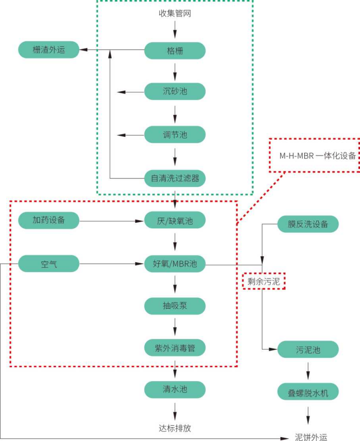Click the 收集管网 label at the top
pos(175,13)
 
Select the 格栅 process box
pos(175,51)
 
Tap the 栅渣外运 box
pos(49,50)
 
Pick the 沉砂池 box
pos(175,92)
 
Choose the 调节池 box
pos(175,135)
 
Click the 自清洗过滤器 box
pos(175,178)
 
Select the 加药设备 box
pos(49,220)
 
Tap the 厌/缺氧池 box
pos(175,220)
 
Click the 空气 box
pos(49,264)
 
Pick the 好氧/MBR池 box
pos(175,264)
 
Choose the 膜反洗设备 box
pos(308,224)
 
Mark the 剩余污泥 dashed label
pos(264,281)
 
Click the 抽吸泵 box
pos(175,306)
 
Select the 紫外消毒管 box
pos(175,348)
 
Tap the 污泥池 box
pos(308,350)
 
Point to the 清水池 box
pos(175,389)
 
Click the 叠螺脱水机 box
pos(308,392)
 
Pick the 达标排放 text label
pos(175,427)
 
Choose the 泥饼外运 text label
pos(311,437)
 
